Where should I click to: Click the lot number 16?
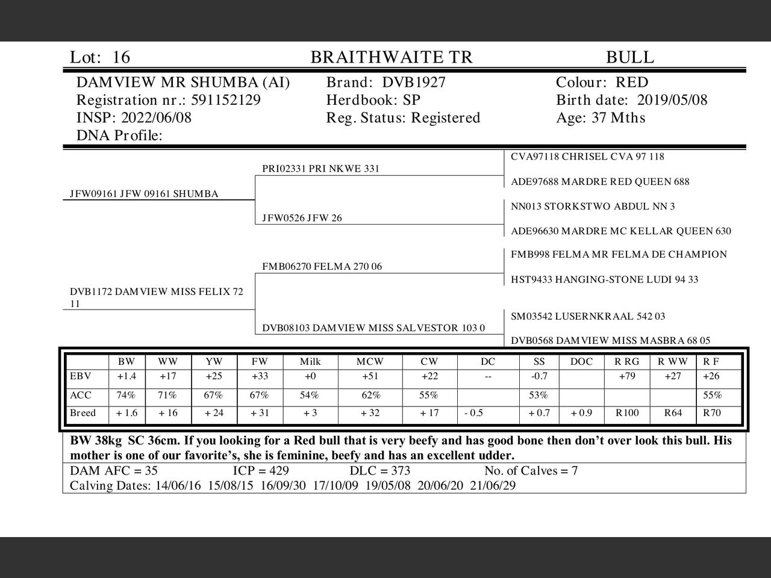pos(121,57)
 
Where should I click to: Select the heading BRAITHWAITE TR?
pos(392,57)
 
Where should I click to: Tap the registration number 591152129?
pos(226,100)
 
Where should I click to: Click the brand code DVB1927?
pos(414,82)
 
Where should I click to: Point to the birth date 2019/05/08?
pos(672,100)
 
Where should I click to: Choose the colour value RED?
pos(632,82)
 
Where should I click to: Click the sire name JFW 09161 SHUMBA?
pos(144,194)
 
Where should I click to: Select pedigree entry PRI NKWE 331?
pos(321,169)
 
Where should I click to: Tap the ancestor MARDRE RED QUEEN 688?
pos(600,182)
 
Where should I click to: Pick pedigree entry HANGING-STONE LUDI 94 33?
pos(605,279)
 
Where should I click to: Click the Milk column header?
pos(310,362)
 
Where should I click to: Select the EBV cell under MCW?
pos(370,376)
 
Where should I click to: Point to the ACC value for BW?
pos(126,396)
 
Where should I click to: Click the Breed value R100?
pos(627,413)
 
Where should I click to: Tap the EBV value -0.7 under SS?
pos(539,376)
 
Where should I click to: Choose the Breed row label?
pos(83,413)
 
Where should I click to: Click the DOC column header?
pos(581,362)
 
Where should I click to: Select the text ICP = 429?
pos(261,471)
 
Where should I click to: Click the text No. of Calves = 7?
pos(531,471)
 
